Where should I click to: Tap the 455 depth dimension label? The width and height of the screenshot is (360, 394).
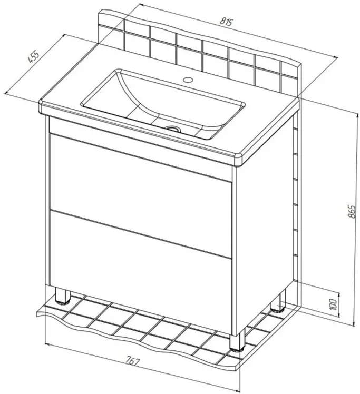[x=33, y=57]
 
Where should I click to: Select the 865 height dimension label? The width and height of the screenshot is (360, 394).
[x=352, y=212]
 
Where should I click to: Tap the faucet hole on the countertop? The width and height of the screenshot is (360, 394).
[x=188, y=80]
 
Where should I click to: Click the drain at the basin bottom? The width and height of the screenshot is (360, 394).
[x=173, y=129]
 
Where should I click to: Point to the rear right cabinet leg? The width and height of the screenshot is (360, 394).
[x=278, y=301]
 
